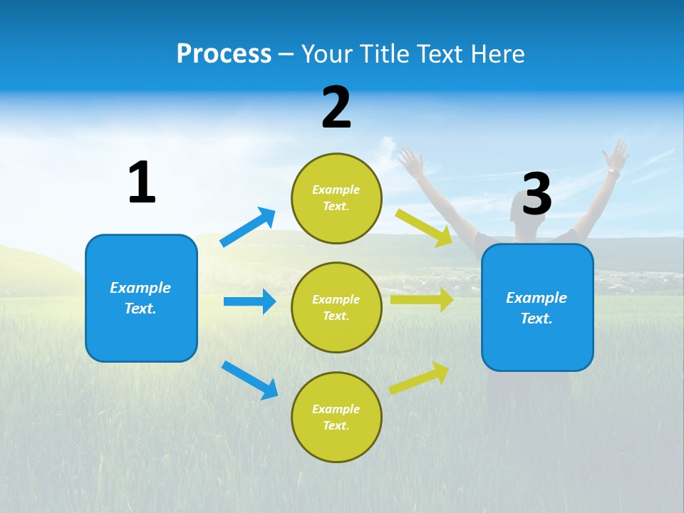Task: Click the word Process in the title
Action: coord(224,54)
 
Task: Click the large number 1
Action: coord(142,182)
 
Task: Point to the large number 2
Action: coord(336,108)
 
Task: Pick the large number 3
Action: coord(537,194)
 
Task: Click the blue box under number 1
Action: coord(141,298)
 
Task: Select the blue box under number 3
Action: coord(537,307)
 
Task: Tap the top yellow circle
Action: coord(336,198)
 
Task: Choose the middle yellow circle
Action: coord(336,307)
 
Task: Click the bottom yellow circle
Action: coord(336,417)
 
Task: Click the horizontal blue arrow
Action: coord(249,301)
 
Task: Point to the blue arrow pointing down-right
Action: coord(249,380)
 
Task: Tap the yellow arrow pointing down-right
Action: coord(424,227)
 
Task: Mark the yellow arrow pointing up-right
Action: coord(419,378)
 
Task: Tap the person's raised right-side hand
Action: coord(616,155)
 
